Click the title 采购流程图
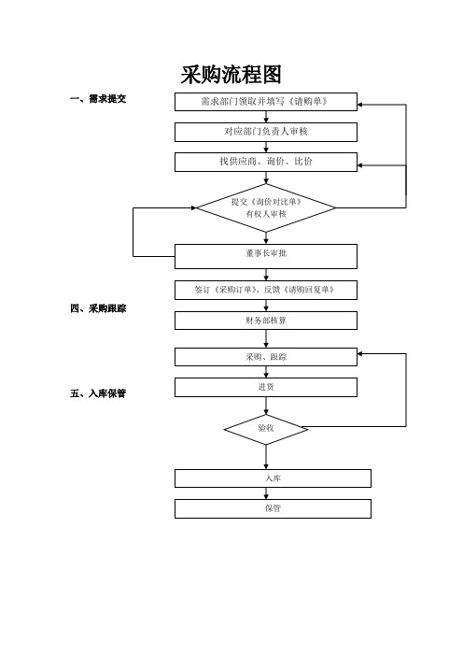coord(231,75)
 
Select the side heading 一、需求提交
coord(98,99)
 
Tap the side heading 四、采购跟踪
coord(98,308)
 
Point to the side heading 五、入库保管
coord(98,393)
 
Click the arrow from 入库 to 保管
coord(266,493)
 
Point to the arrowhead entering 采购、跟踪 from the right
coord(360,353)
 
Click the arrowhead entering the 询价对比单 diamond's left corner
coord(193,207)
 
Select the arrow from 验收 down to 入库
coord(266,457)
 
